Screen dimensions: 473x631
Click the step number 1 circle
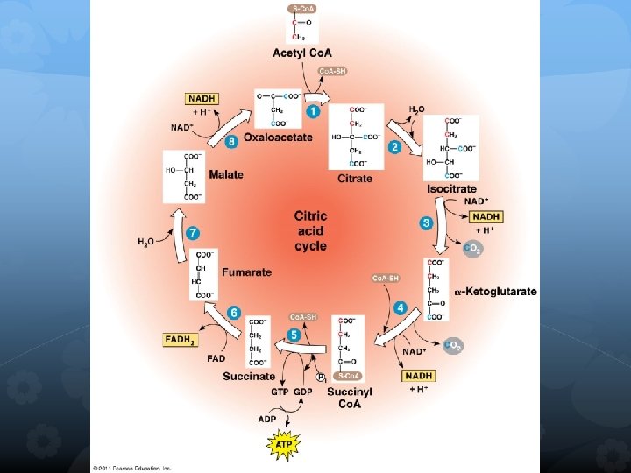313,111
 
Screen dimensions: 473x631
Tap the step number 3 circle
426,223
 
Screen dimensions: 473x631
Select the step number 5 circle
294,334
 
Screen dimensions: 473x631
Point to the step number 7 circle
193,233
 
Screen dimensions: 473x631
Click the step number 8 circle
231,140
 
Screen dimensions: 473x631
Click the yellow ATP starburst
283,446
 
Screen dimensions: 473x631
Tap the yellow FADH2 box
181,339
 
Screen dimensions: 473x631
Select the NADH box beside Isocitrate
486,216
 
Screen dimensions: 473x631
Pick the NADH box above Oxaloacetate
202,99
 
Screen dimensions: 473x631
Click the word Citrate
355,178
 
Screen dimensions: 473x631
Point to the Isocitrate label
451,188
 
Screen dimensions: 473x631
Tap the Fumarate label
246,272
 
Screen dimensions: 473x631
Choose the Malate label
226,174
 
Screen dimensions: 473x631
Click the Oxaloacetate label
278,138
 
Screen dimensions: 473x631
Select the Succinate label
248,376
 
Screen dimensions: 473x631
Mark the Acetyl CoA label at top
301,53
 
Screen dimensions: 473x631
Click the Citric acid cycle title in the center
311,229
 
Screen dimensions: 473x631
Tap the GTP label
280,391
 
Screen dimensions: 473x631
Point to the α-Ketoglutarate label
496,291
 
